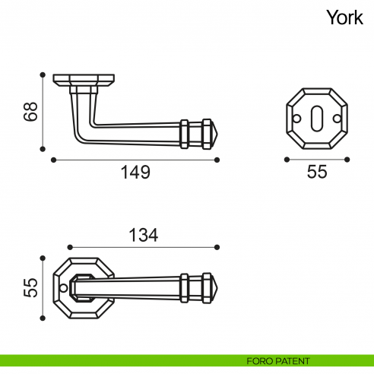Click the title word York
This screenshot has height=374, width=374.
(x=344, y=17)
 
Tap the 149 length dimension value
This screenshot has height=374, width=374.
(x=136, y=173)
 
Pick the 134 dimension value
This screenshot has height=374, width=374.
(x=144, y=236)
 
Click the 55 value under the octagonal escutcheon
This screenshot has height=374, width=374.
(x=317, y=173)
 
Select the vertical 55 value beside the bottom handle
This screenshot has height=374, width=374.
(x=30, y=288)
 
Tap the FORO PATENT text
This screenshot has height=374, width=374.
(x=278, y=360)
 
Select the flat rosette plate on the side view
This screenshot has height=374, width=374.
(x=84, y=78)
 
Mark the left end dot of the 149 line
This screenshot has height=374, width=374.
(x=53, y=160)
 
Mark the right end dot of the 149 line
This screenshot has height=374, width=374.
(x=217, y=160)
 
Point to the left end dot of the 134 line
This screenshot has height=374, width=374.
(x=69, y=247)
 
